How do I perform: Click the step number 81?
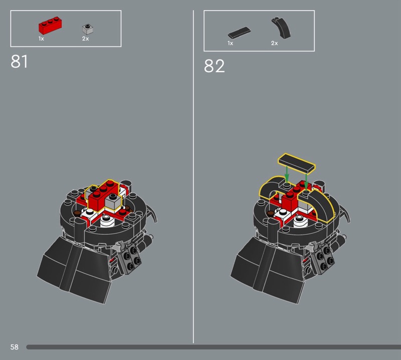pyautogui.click(x=19, y=61)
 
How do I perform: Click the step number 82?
pyautogui.click(x=214, y=66)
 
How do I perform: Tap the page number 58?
pyautogui.click(x=15, y=347)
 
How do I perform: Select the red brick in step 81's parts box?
pyautogui.click(x=50, y=26)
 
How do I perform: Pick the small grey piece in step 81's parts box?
pyautogui.click(x=87, y=29)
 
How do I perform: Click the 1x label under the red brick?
pyautogui.click(x=41, y=39)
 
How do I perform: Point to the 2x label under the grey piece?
pyautogui.click(x=85, y=39)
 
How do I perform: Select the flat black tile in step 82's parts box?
pyautogui.click(x=239, y=33)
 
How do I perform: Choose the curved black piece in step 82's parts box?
pyautogui.click(x=282, y=28)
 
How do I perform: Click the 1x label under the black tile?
pyautogui.click(x=230, y=43)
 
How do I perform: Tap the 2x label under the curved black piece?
pyautogui.click(x=274, y=43)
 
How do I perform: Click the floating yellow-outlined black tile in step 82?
pyautogui.click(x=297, y=164)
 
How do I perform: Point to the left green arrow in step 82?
pyautogui.click(x=287, y=174)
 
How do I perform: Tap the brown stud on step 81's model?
pyautogui.click(x=77, y=213)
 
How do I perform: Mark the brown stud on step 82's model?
pyautogui.click(x=270, y=213)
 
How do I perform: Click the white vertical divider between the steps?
pyautogui.click(x=193, y=176)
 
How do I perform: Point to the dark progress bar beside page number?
pyautogui.click(x=214, y=347)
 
